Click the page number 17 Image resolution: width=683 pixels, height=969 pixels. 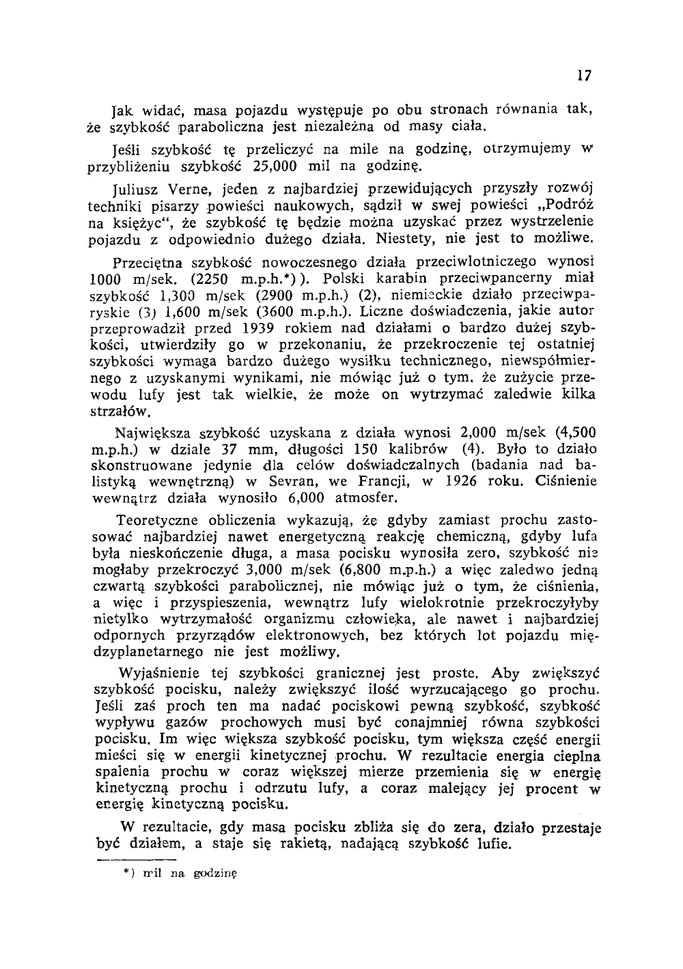[x=583, y=76]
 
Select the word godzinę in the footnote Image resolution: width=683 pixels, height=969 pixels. [x=215, y=873]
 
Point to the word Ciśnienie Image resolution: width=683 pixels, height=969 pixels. [x=564, y=482]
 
